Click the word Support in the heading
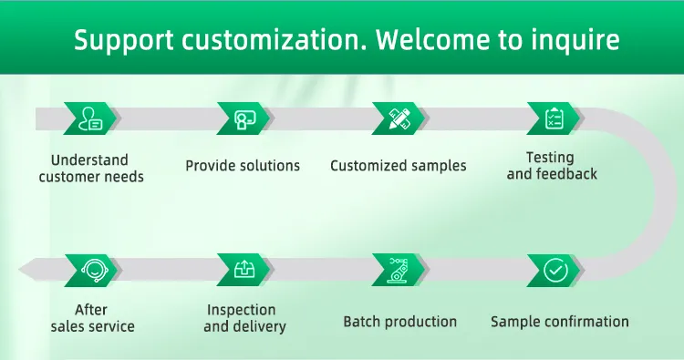pyautogui.click(x=124, y=40)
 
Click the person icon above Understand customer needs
pyautogui.click(x=90, y=118)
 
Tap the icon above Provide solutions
pyautogui.click(x=244, y=119)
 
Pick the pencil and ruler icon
pyautogui.click(x=399, y=118)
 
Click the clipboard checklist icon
pyautogui.click(x=554, y=118)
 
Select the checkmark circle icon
pyautogui.click(x=555, y=270)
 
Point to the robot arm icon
pyautogui.click(x=399, y=270)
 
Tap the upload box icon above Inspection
pyautogui.click(x=244, y=270)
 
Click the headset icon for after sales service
pyautogui.click(x=94, y=271)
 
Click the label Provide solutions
pyautogui.click(x=243, y=166)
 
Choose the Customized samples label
pyautogui.click(x=399, y=166)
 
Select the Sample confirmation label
pyautogui.click(x=560, y=322)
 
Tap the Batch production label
pyautogui.click(x=400, y=322)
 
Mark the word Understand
pyautogui.click(x=89, y=160)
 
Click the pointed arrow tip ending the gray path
pyautogui.click(x=20, y=270)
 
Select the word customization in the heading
pyautogui.click(x=275, y=40)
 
